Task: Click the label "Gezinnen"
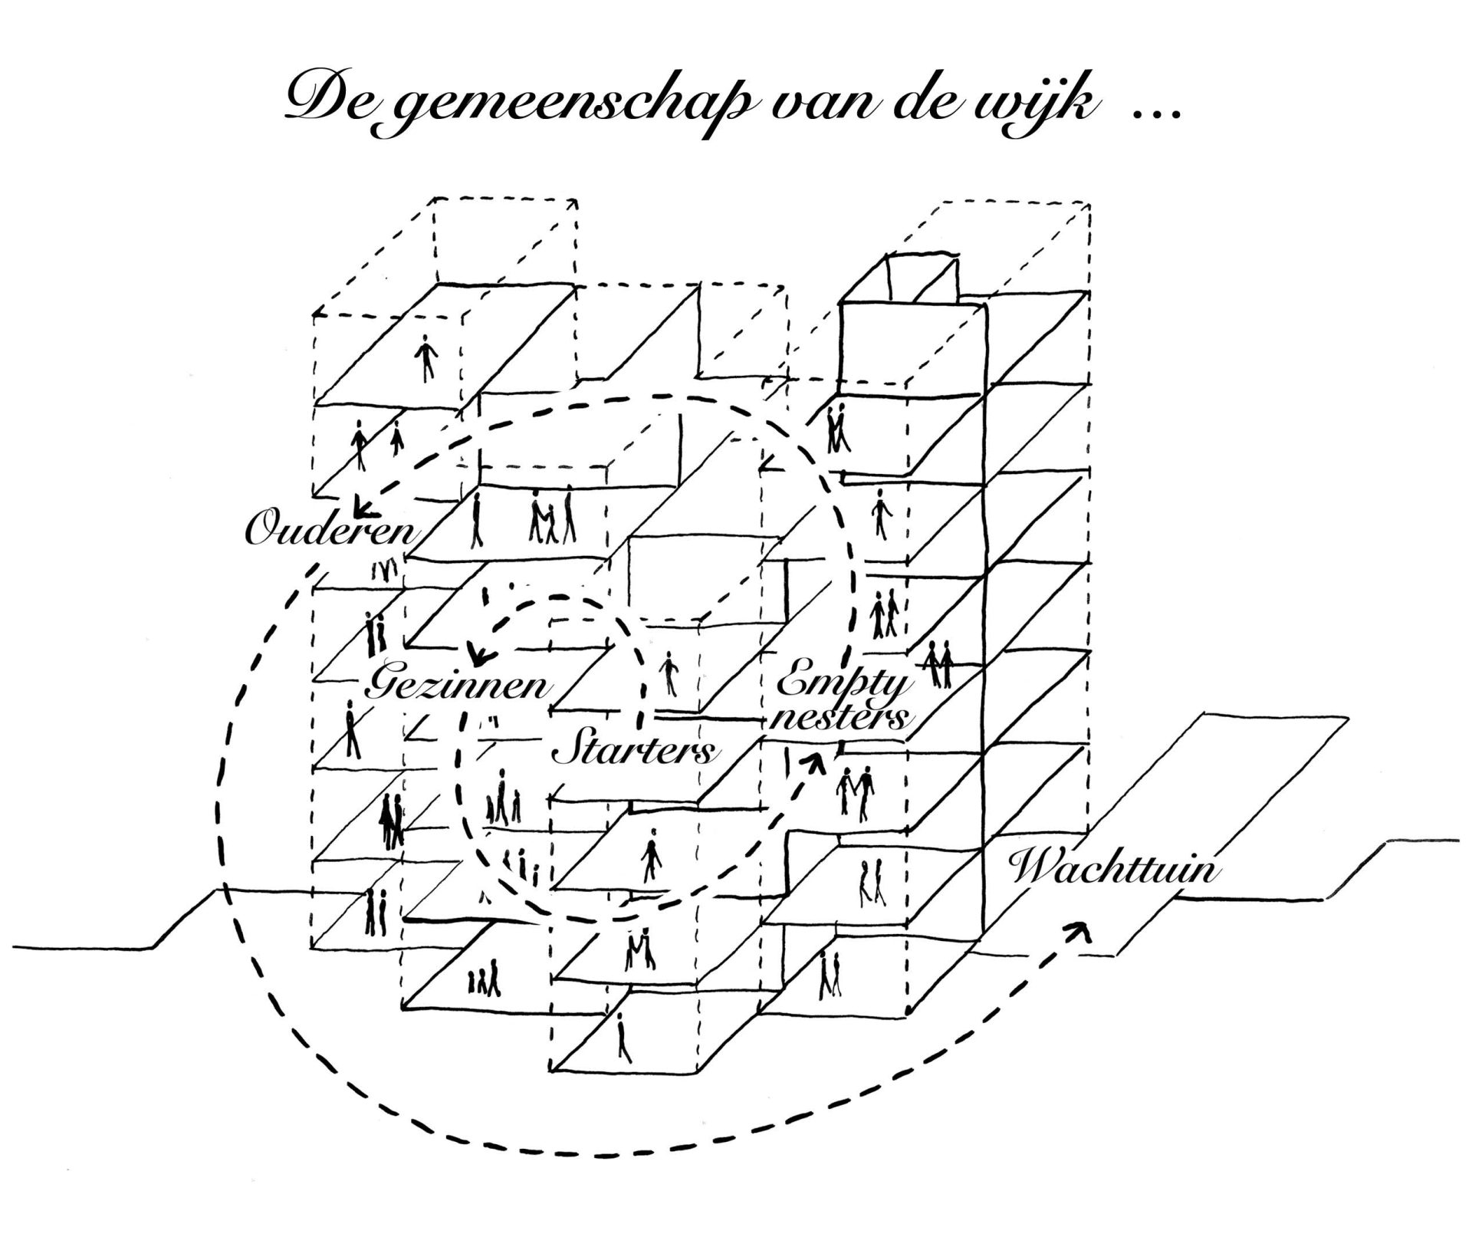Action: (x=458, y=685)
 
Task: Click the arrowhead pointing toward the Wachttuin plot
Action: (x=1081, y=929)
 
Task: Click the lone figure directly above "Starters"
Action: (x=669, y=673)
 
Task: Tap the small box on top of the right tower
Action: (x=922, y=280)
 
